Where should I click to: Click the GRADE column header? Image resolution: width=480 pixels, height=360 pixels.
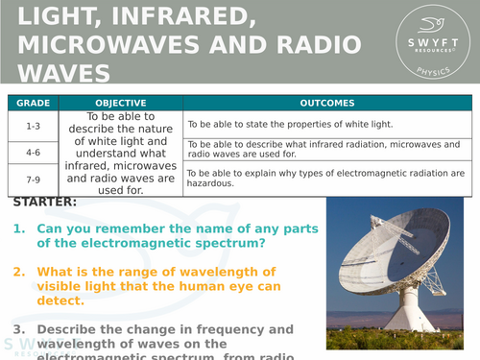(32, 103)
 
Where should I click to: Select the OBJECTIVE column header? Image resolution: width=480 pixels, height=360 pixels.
(121, 103)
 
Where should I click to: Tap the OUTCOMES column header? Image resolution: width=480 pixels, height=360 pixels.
(327, 103)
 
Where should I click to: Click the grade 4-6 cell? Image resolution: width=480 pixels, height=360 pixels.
(32, 151)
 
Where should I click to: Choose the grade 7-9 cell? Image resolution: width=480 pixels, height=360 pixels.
(32, 178)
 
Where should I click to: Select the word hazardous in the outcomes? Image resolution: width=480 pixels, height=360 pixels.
(210, 183)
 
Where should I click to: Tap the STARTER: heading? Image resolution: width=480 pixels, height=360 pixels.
(45, 203)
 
